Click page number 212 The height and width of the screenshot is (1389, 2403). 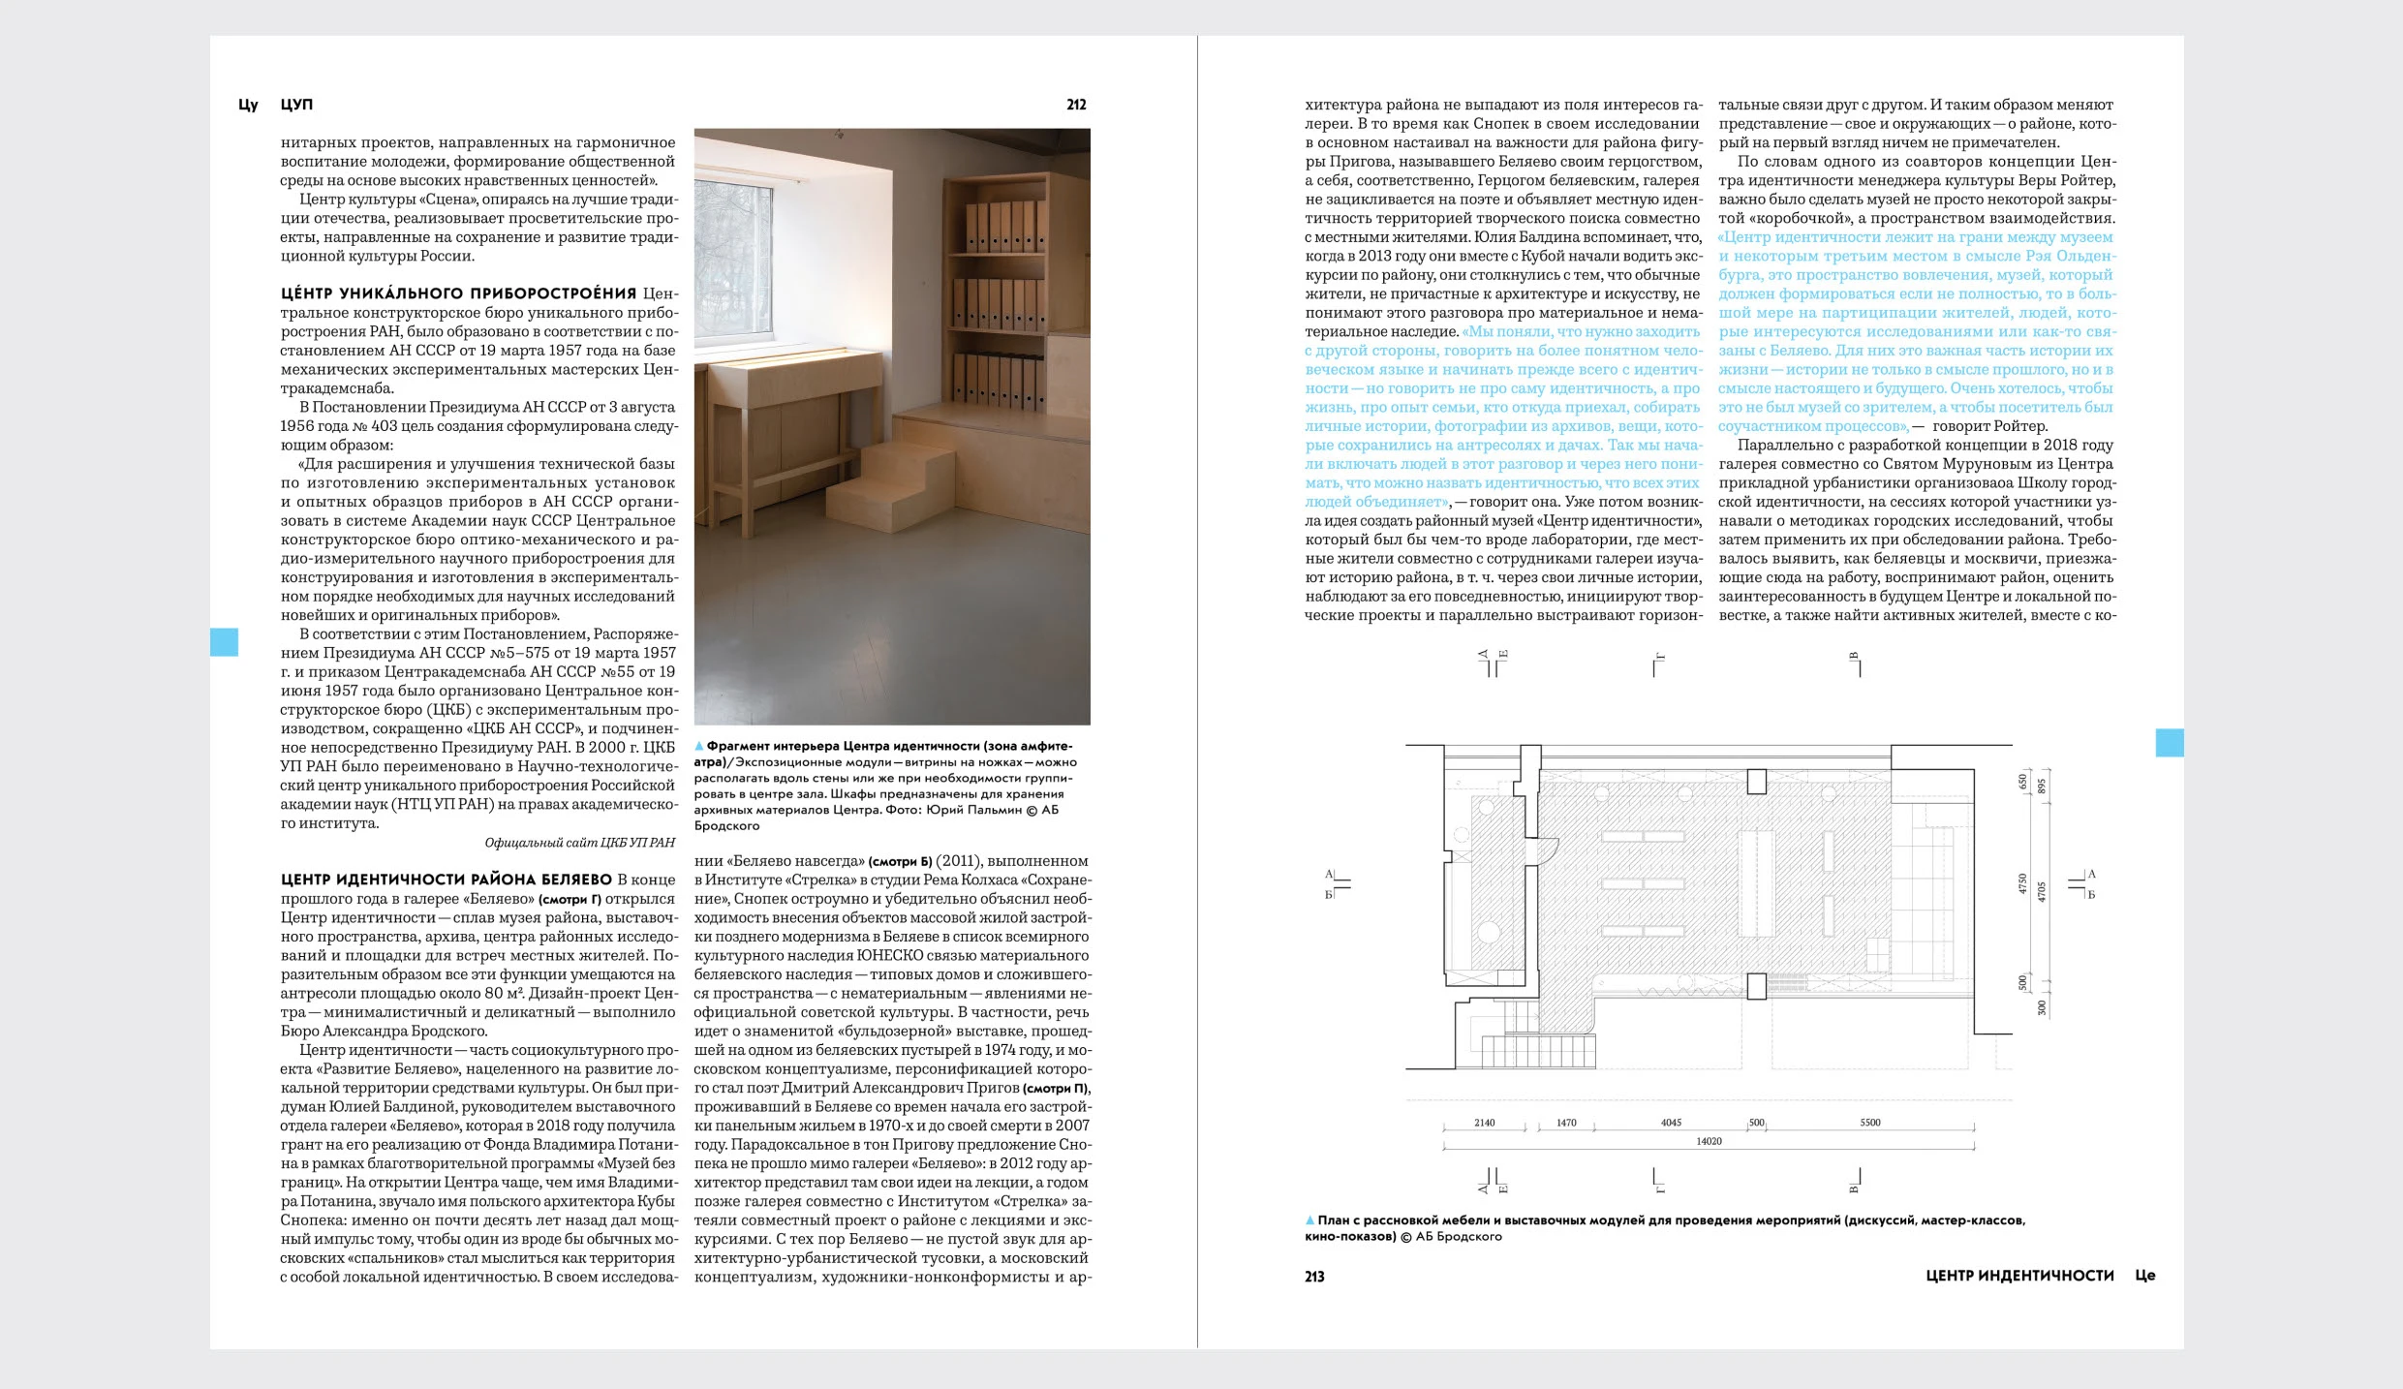(x=1076, y=105)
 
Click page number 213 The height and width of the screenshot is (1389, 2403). (x=1314, y=1277)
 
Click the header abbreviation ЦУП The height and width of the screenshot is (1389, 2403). (x=296, y=105)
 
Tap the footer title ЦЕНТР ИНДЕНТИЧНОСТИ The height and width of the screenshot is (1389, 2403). (x=2019, y=1276)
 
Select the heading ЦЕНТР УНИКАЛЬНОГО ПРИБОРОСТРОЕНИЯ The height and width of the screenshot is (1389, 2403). (x=458, y=293)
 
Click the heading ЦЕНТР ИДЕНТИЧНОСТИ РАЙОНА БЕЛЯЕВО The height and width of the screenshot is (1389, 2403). (x=447, y=880)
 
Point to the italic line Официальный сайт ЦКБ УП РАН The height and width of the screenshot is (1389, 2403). (x=579, y=843)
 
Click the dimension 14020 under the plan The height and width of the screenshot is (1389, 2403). (x=1709, y=1142)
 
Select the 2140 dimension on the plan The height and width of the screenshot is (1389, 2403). (x=1484, y=1124)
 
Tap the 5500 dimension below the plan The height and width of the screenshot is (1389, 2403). (x=1869, y=1124)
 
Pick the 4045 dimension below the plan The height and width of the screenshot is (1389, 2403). (x=1671, y=1124)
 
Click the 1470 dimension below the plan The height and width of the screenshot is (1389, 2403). (x=1566, y=1124)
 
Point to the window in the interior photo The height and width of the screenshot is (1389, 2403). (x=733, y=262)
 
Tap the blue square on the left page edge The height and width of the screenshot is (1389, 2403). (x=224, y=642)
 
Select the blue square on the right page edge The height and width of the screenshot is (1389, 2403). (x=2169, y=743)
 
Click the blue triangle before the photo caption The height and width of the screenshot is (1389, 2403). (x=699, y=747)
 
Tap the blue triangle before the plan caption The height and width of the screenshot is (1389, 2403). (x=1310, y=1220)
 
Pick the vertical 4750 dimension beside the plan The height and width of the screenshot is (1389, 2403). (x=2022, y=884)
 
